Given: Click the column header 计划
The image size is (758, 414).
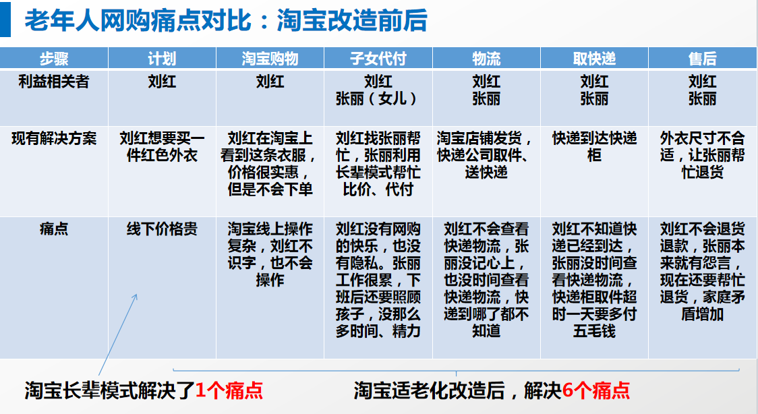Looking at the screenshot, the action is (162, 59).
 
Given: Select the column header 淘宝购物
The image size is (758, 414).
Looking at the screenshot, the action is (270, 59).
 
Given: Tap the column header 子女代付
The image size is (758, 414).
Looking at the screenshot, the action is (378, 59).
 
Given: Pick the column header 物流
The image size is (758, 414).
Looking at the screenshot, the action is (486, 59).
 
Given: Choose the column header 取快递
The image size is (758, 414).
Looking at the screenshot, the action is (594, 59).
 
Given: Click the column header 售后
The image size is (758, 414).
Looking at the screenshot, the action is (703, 59).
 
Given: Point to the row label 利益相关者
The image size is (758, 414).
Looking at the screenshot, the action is (54, 82).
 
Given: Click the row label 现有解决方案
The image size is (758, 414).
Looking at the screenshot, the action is (54, 139).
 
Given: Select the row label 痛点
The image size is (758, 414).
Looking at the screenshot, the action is (54, 229).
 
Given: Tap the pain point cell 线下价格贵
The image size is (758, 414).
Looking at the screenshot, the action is (162, 229).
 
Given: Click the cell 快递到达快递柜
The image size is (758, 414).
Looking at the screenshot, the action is (594, 147).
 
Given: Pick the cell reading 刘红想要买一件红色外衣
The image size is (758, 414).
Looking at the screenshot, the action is (162, 147).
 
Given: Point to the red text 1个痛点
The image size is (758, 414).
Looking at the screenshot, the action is (229, 390).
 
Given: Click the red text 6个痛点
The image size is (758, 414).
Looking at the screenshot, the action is (596, 390).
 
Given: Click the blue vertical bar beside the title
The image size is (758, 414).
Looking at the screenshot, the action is (5, 20).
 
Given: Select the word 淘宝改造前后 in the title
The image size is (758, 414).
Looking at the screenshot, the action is (352, 21).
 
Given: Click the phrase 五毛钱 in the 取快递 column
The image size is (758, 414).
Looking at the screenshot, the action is (594, 331).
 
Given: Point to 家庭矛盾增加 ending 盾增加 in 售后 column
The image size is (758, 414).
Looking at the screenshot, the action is (703, 314).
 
